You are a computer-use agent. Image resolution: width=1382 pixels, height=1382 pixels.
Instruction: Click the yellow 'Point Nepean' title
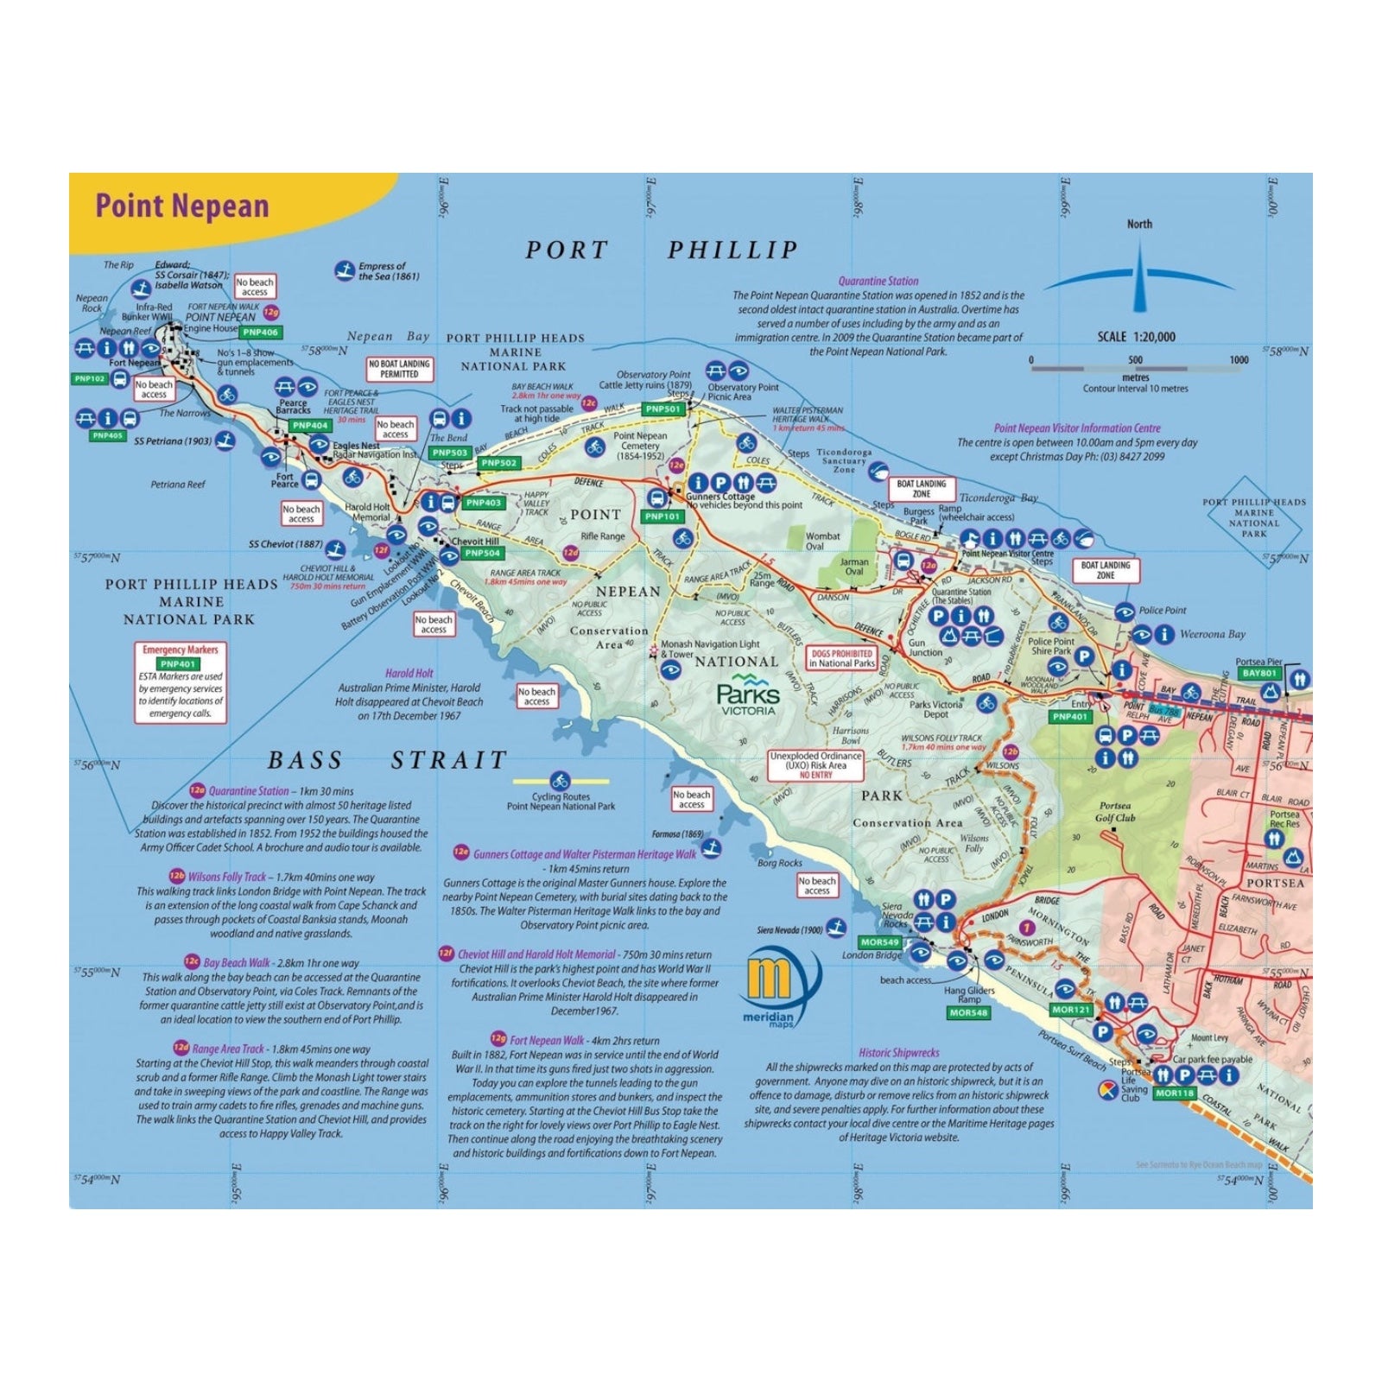(x=182, y=206)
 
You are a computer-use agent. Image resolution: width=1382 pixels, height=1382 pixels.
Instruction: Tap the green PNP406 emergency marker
(x=260, y=333)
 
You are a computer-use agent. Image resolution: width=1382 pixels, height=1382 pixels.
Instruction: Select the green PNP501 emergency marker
(x=663, y=409)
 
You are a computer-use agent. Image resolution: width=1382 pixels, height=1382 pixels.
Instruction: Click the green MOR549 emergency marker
(x=879, y=942)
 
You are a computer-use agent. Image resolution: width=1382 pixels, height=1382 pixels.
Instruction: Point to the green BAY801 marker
(x=1259, y=673)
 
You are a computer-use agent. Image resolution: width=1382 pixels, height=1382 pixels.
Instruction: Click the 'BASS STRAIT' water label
(x=387, y=761)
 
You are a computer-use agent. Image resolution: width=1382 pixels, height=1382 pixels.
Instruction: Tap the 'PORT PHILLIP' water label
(x=662, y=250)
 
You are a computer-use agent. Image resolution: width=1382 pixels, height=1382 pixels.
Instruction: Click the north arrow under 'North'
(x=1139, y=276)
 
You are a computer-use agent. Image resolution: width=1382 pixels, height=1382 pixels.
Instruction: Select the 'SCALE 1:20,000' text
(x=1136, y=337)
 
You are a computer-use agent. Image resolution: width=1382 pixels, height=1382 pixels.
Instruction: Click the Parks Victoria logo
(x=747, y=696)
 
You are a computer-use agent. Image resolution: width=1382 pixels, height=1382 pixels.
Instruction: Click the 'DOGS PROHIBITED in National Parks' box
(x=841, y=658)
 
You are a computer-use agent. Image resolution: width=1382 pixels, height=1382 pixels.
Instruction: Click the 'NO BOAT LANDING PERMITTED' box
(x=399, y=369)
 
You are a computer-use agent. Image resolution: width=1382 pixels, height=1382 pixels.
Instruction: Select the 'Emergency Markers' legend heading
(x=181, y=650)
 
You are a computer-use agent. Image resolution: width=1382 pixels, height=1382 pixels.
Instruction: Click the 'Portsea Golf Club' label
(x=1114, y=812)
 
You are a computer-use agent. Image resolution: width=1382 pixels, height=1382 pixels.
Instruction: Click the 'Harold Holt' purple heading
(x=409, y=673)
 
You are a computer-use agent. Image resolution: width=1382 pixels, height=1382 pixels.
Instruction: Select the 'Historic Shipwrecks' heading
(x=898, y=1053)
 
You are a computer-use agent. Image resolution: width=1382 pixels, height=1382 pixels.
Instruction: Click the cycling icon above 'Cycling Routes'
(x=561, y=782)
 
